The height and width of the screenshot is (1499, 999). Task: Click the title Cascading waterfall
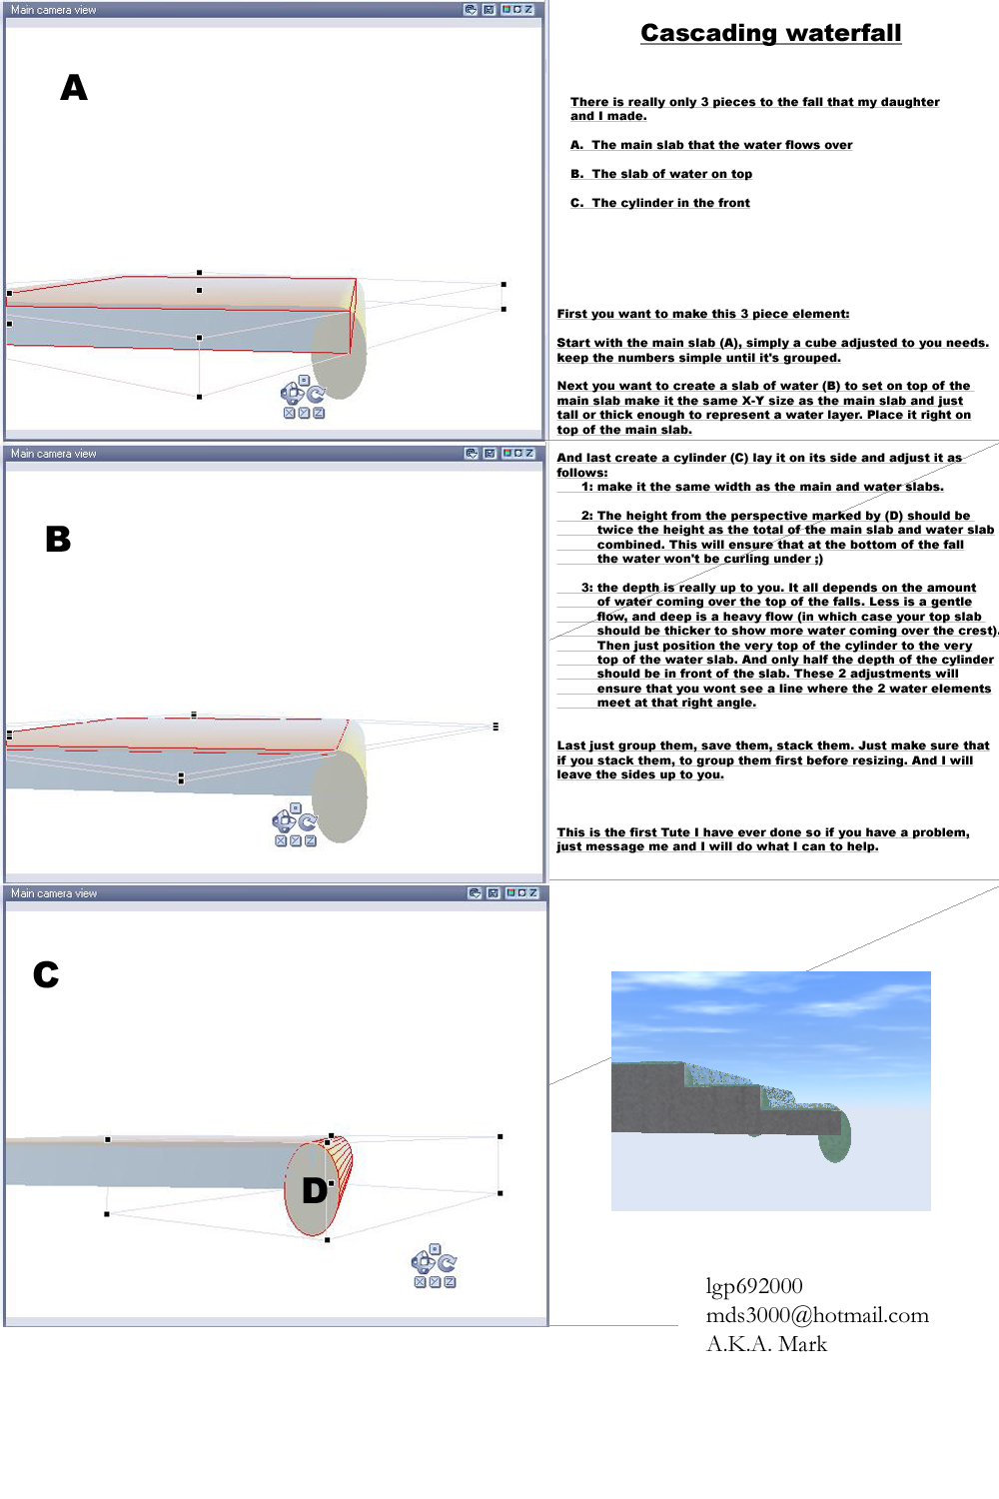tap(770, 33)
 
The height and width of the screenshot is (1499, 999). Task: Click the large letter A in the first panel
tap(73, 88)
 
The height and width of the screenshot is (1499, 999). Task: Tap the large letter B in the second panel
tap(58, 540)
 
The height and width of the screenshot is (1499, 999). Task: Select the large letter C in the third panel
tap(46, 974)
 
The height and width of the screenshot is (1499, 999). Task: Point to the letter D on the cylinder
tap(315, 1190)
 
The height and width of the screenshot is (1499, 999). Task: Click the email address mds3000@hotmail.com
tap(817, 1315)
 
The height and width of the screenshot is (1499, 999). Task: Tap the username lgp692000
tap(754, 1286)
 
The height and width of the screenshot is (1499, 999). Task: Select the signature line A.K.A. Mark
tap(766, 1344)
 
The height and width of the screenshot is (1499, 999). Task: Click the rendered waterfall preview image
tap(770, 1090)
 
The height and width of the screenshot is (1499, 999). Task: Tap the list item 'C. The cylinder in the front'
tap(660, 203)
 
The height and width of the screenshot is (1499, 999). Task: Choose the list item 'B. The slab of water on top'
tap(661, 174)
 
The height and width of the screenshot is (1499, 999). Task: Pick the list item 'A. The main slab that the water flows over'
tap(711, 145)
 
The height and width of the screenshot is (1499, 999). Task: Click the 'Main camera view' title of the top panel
tap(54, 10)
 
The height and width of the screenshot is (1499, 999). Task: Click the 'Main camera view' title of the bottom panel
tap(54, 893)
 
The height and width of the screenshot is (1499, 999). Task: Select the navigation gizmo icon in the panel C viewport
tap(434, 1266)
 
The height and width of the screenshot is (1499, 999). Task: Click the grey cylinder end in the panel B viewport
tap(340, 796)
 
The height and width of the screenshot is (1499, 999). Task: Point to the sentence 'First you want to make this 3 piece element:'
tap(703, 314)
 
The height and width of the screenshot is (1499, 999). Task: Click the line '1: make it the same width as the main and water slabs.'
tap(762, 487)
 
